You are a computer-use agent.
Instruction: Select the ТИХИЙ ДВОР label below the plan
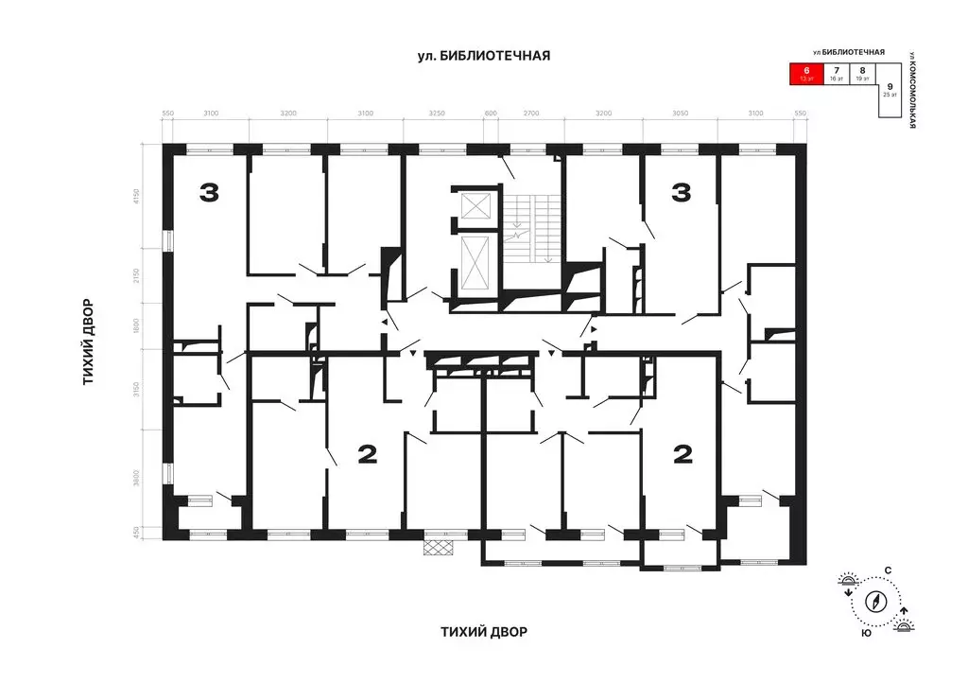coord(484,631)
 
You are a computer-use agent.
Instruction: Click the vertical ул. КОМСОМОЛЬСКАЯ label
coord(913,89)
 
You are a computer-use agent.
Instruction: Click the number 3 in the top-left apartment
coord(208,193)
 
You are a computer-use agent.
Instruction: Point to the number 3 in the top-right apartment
coord(681,193)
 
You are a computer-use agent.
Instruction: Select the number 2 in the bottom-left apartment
coord(368,456)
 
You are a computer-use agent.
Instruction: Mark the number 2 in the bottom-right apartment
coord(682,456)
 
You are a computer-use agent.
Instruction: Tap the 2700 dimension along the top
coord(531,114)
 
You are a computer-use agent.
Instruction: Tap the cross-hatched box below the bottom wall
coord(439,547)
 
